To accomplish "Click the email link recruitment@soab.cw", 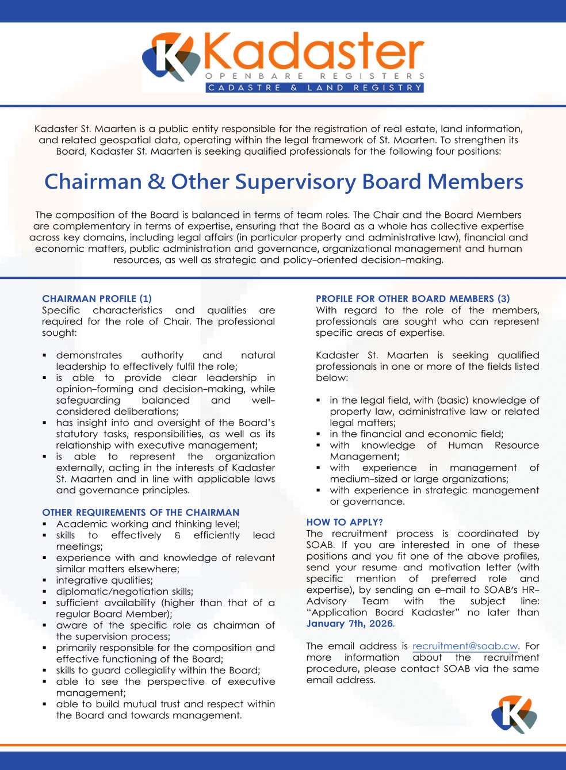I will pyautogui.click(x=465, y=646).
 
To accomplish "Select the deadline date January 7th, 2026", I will pyautogui.click(x=349, y=624).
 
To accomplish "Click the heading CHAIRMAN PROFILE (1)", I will pyautogui.click(x=97, y=298).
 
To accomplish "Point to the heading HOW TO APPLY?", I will pyautogui.click(x=345, y=522).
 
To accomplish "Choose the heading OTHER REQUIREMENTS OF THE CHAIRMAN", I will pyautogui.click(x=140, y=512).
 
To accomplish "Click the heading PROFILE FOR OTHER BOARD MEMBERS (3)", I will pyautogui.click(x=412, y=298).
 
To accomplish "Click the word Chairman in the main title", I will pyautogui.click(x=93, y=182).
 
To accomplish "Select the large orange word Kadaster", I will pyautogui.click(x=313, y=52).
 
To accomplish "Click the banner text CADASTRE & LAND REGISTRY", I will pyautogui.click(x=315, y=88).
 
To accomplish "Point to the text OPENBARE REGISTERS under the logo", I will pyautogui.click(x=315, y=76).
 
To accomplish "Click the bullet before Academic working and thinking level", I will pyautogui.click(x=45, y=524).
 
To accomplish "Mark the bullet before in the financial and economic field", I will pyautogui.click(x=319, y=435).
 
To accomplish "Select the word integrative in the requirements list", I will pyautogui.click(x=79, y=580).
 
